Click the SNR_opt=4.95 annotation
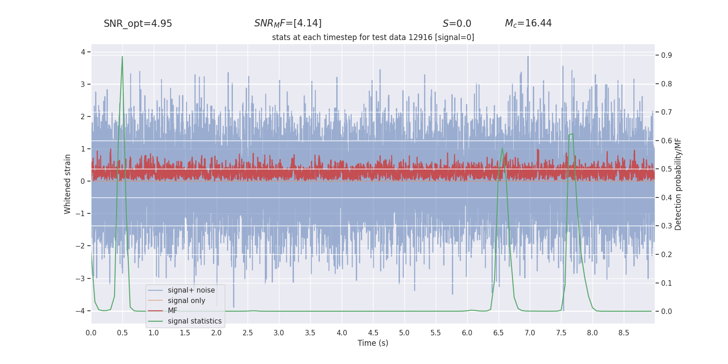pyautogui.click(x=138, y=24)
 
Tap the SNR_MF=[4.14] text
pyautogui.click(x=288, y=23)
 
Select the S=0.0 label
pyautogui.click(x=457, y=24)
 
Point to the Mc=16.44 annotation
pyautogui.click(x=528, y=23)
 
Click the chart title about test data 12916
pyautogui.click(x=373, y=37)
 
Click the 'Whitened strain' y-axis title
pyautogui.click(x=68, y=184)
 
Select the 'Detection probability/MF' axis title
pyautogui.click(x=678, y=184)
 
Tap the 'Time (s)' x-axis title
pyautogui.click(x=373, y=343)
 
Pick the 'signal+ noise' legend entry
pyautogui.click(x=191, y=290)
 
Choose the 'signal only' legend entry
pyautogui.click(x=186, y=301)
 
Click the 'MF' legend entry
pyautogui.click(x=172, y=311)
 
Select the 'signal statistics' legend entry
pyautogui.click(x=194, y=321)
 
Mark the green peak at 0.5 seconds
pyautogui.click(x=122, y=57)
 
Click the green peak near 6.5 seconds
pyautogui.click(x=502, y=148)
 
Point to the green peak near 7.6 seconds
pyautogui.click(x=571, y=134)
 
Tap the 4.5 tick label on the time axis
pyautogui.click(x=373, y=333)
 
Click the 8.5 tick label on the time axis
pyautogui.click(x=624, y=333)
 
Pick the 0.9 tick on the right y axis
pyautogui.click(x=667, y=56)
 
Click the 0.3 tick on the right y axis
pyautogui.click(x=667, y=226)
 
